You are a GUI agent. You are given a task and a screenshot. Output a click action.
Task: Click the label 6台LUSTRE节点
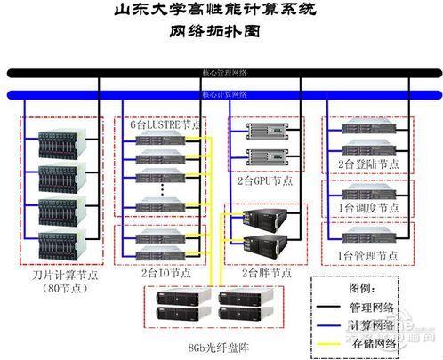pos(167,124)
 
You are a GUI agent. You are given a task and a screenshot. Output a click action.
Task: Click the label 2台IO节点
pos(165,274)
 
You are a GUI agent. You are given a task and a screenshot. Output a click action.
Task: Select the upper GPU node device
pos(265,136)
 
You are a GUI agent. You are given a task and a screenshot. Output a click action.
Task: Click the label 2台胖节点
pos(266,274)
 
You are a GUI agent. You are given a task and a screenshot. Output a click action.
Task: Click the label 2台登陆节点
pos(367,164)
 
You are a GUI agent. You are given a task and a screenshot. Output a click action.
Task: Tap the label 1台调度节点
pos(367,208)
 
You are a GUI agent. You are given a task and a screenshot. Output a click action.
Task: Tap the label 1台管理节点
pos(367,255)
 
